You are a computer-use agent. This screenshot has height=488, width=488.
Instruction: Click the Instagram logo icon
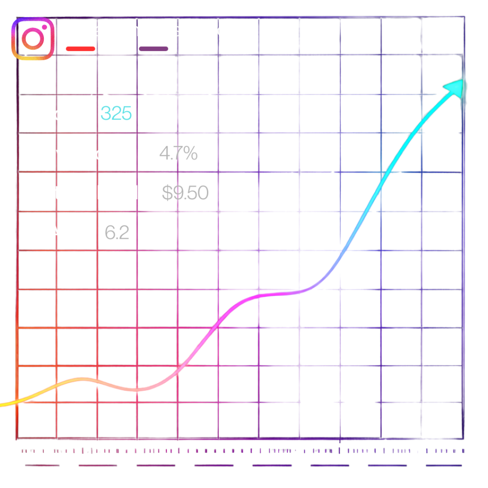[32, 39]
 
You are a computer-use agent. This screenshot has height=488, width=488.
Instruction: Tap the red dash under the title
[81, 49]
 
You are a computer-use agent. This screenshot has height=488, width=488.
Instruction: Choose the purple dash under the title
[153, 49]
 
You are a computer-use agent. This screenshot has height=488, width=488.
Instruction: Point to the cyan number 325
[116, 114]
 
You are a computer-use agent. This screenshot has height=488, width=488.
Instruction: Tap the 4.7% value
[178, 153]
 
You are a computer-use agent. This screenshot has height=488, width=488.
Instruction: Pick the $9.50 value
[185, 193]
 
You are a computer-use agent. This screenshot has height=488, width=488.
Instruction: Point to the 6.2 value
[117, 233]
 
